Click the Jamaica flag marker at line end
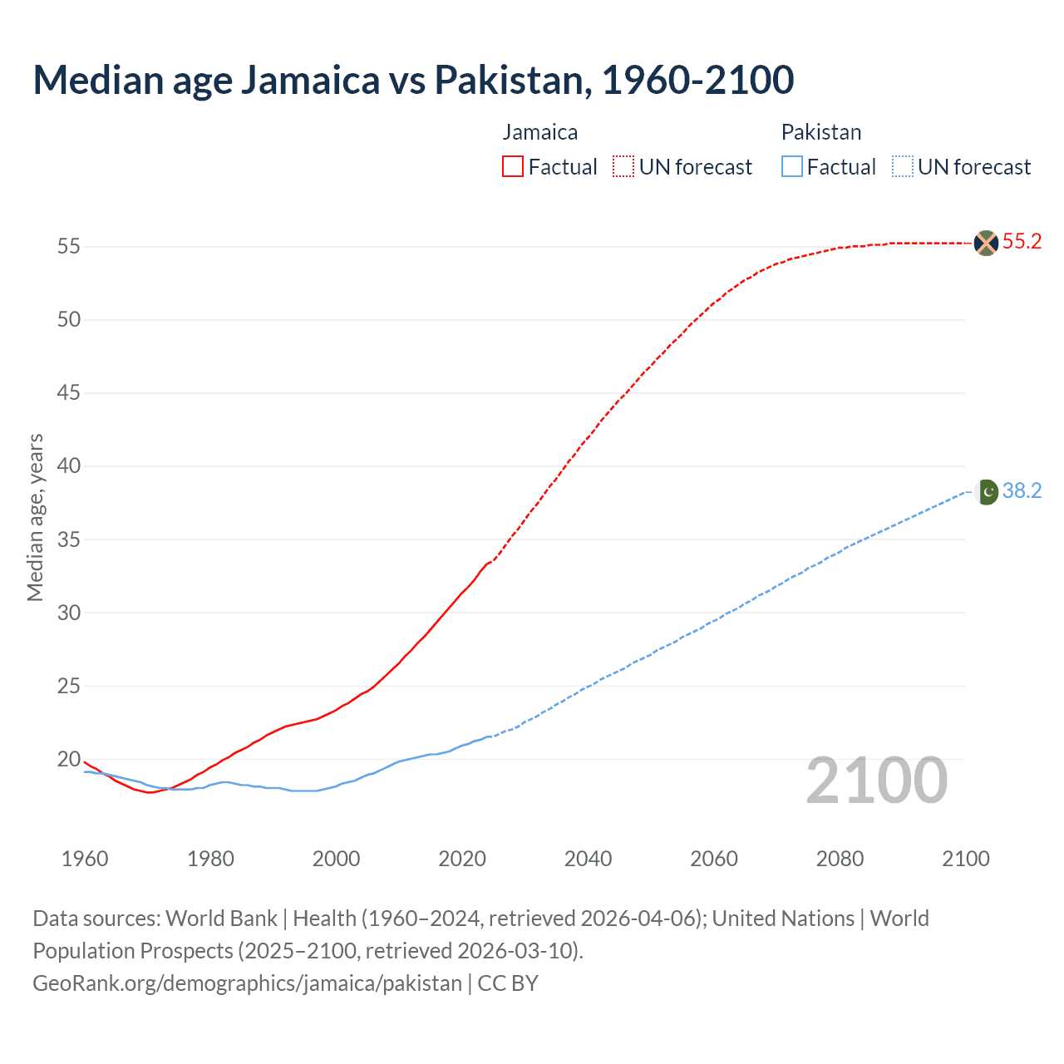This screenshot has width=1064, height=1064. point(986,243)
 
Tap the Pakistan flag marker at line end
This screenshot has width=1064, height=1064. point(987,492)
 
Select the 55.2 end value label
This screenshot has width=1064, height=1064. point(1022,242)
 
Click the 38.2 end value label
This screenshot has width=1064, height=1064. point(1022,491)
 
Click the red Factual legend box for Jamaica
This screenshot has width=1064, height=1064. point(513,166)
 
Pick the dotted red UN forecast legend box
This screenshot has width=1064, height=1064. point(623,166)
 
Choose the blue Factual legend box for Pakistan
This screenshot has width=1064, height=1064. point(791,166)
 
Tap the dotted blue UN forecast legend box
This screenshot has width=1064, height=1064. point(902,166)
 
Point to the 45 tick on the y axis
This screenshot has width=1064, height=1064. point(68,392)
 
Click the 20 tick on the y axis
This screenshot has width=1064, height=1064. point(68,759)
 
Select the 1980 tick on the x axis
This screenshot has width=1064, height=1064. point(210,859)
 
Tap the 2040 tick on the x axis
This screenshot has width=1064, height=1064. point(588,859)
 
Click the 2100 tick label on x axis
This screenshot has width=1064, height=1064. point(965,859)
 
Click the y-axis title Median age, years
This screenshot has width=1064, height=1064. point(35,517)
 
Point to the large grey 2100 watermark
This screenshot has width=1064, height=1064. point(876,780)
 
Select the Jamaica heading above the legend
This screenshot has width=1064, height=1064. point(539,132)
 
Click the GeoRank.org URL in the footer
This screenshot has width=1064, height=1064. point(247,983)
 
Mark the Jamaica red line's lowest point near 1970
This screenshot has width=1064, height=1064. point(150,792)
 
